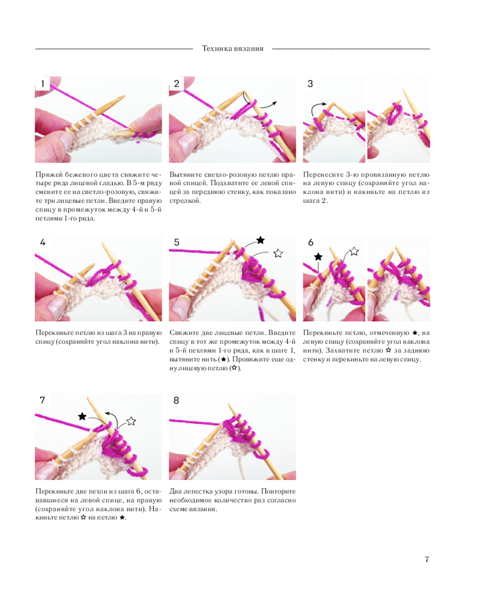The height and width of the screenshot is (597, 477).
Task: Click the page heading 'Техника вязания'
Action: (x=233, y=49)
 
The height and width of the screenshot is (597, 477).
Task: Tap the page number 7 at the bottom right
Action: (x=427, y=559)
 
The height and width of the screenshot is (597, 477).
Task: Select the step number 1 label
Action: (x=42, y=84)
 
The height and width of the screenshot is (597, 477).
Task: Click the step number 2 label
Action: (x=176, y=84)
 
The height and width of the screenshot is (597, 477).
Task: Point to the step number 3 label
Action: (x=310, y=84)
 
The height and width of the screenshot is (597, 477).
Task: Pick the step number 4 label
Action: (x=42, y=242)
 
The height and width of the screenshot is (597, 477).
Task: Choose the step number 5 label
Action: (x=176, y=242)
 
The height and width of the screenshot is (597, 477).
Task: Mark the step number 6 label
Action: (x=311, y=242)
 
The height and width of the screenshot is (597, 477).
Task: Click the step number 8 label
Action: (x=176, y=400)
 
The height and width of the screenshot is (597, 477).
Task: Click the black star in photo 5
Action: (x=261, y=240)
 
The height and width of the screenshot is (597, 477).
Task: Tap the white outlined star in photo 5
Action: (x=278, y=253)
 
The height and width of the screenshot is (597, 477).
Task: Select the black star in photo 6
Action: (x=318, y=257)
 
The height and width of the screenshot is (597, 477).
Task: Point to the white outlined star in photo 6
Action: (x=354, y=251)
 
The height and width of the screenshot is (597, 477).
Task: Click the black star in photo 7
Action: (x=82, y=416)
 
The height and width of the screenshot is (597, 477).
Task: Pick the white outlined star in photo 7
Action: (x=131, y=421)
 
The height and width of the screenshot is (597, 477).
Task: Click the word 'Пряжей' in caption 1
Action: (x=47, y=175)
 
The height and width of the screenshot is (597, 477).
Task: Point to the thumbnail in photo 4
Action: (x=57, y=304)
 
